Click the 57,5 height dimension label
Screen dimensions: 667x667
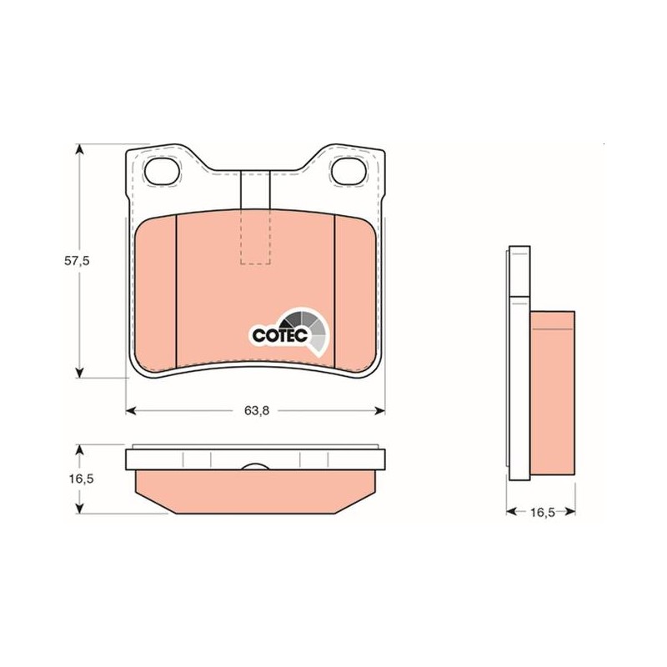tap(77, 261)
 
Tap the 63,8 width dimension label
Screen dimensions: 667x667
tap(257, 410)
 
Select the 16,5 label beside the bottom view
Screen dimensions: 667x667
tap(81, 479)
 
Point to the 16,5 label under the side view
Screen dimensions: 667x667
tap(543, 512)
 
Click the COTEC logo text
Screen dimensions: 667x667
tap(279, 335)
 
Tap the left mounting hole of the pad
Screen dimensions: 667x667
tap(162, 171)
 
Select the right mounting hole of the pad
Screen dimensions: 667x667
tap(349, 171)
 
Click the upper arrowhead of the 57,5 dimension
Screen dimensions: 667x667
tap(78, 149)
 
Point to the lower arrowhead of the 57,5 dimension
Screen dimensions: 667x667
tap(78, 373)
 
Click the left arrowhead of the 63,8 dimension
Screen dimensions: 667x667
tap(131, 410)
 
